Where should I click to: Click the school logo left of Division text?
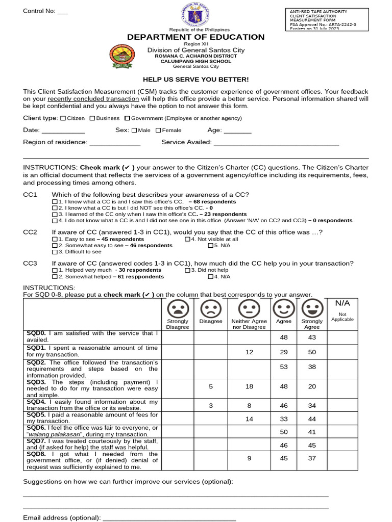[122, 57]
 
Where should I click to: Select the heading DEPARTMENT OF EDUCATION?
[196, 37]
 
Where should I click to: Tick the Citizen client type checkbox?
[63, 118]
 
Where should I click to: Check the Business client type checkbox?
[92, 118]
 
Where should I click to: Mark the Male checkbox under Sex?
[134, 130]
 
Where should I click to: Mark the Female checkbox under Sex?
[158, 130]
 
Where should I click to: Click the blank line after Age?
[237, 132]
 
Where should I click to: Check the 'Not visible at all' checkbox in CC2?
[187, 239]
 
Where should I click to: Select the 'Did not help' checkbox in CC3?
[187, 270]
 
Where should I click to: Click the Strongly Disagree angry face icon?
[178, 308]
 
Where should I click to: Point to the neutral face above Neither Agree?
[249, 308]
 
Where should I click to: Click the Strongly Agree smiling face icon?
[311, 308]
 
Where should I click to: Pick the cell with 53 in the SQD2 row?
[284, 367]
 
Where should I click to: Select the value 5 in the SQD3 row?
[211, 386]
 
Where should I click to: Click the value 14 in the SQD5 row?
[249, 419]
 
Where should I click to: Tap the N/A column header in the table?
[342, 303]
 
